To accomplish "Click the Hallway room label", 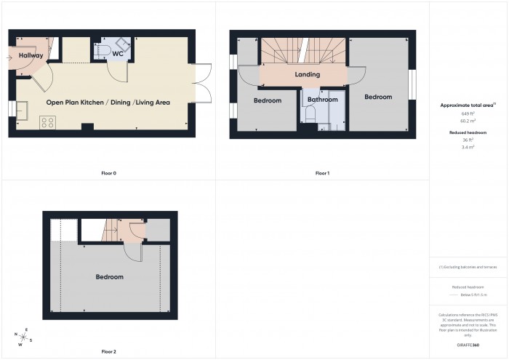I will point(31,56).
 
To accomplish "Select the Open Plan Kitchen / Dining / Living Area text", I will point(108,103).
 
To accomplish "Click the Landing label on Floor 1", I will point(308,75).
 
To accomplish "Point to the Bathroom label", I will point(322,100).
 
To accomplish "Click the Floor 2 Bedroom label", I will point(109,277).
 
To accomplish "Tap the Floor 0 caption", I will point(108,174).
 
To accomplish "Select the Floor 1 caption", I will point(322,174).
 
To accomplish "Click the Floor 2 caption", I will point(108,351).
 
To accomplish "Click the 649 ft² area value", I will point(468,114).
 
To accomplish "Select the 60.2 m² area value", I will point(468,121).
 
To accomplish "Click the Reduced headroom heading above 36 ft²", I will point(468,133).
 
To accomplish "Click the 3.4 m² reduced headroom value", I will point(468,148).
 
